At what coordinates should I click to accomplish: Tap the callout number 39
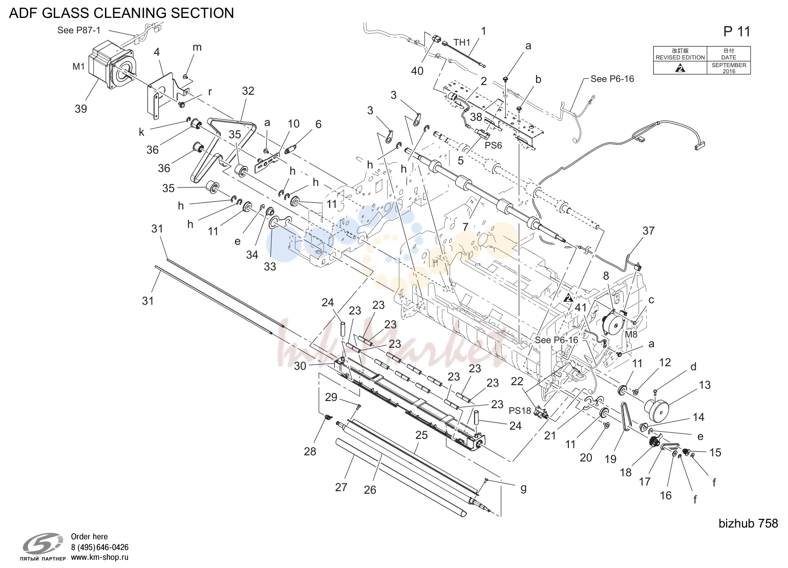click(81, 109)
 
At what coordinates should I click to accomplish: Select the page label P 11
click(737, 32)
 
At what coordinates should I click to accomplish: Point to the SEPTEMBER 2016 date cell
click(729, 68)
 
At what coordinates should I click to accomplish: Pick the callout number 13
click(705, 385)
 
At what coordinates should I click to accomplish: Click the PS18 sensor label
click(520, 411)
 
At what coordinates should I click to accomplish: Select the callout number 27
click(341, 487)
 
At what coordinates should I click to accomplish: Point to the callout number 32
click(248, 91)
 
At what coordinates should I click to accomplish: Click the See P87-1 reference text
click(79, 30)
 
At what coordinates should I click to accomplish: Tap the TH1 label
click(462, 43)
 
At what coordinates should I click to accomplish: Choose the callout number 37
click(648, 230)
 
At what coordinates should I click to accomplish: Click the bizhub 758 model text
click(748, 523)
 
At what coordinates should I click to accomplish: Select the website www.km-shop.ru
click(99, 557)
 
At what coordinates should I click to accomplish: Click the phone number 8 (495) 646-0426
click(99, 548)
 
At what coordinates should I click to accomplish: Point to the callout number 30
click(300, 366)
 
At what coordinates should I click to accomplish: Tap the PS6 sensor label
click(494, 145)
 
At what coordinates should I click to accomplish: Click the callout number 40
click(417, 71)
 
